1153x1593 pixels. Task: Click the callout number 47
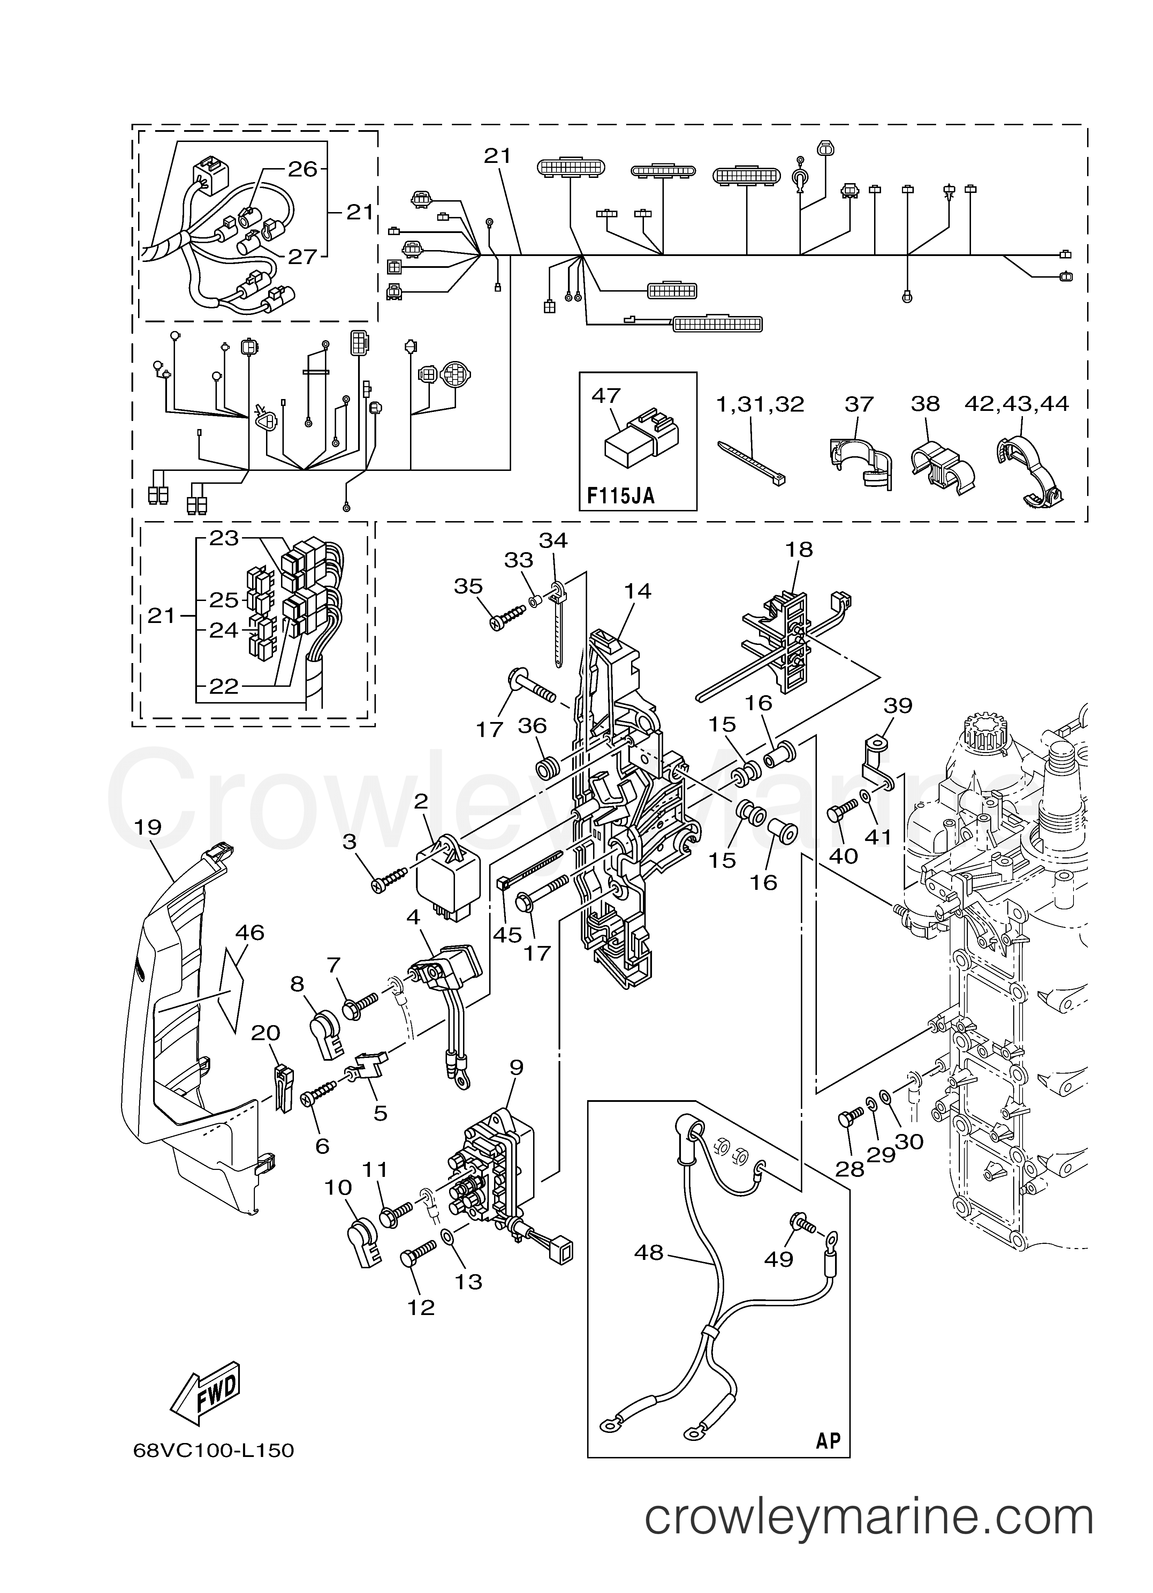(606, 396)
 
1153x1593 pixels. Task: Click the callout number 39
(897, 705)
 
